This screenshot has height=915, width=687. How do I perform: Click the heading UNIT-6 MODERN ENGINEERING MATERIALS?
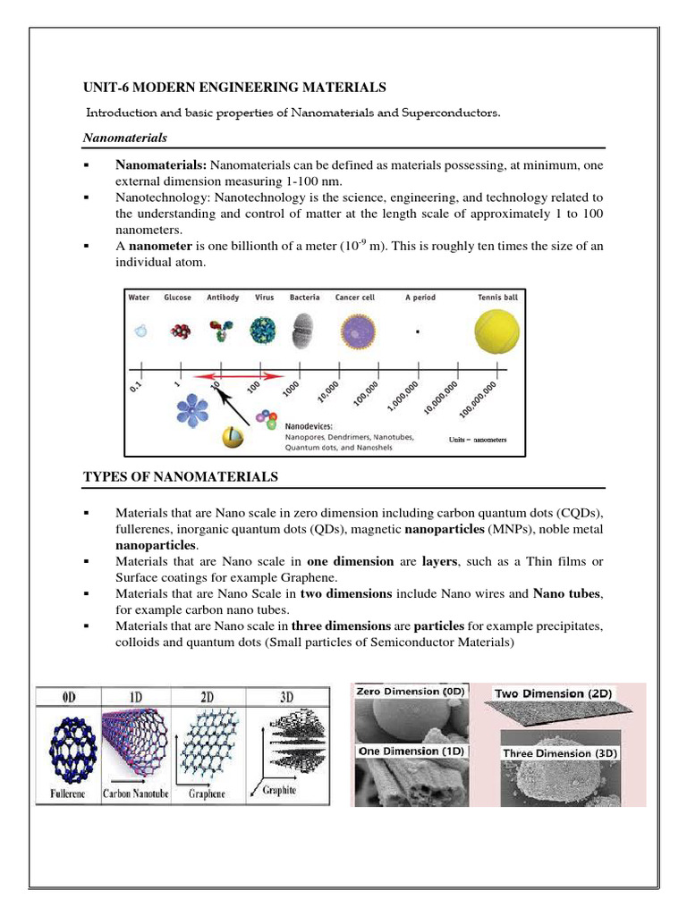coord(233,87)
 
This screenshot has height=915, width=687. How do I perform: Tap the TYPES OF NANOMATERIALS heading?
coord(180,478)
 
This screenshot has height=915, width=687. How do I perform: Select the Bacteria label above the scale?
coord(305,298)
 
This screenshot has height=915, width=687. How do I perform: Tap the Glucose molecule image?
coord(179,331)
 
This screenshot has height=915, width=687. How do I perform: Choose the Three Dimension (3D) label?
coord(560,752)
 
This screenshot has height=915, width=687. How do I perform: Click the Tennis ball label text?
coord(496,298)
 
